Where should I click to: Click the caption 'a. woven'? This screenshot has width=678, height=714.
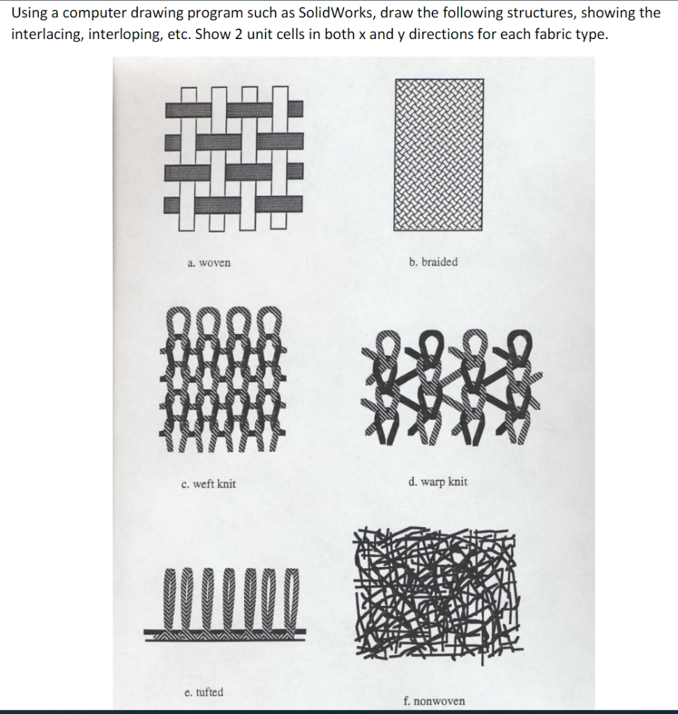(x=209, y=263)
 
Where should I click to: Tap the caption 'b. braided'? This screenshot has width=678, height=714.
(x=433, y=262)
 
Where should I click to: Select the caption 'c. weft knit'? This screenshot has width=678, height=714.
(x=209, y=484)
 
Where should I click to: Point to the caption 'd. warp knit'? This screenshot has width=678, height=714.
(x=438, y=482)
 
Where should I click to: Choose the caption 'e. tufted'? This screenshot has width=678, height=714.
(x=204, y=692)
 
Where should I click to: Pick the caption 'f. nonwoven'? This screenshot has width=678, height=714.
(x=435, y=701)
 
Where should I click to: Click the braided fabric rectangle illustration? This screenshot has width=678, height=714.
(x=438, y=155)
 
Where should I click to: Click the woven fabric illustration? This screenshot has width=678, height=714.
(x=234, y=158)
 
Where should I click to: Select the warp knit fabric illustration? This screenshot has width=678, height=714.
(x=451, y=387)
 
